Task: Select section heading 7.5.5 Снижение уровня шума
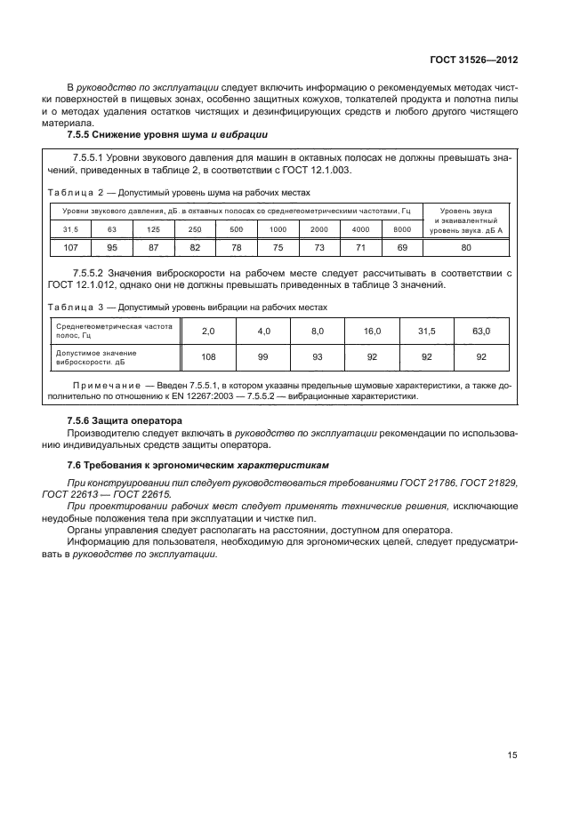(168, 134)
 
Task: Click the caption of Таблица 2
(179, 191)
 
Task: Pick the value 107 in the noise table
(71, 246)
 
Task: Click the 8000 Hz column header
(400, 229)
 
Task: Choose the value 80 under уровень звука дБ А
(465, 246)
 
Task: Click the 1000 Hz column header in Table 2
(278, 229)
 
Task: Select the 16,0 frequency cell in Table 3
(371, 331)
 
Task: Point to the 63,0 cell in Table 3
(481, 331)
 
